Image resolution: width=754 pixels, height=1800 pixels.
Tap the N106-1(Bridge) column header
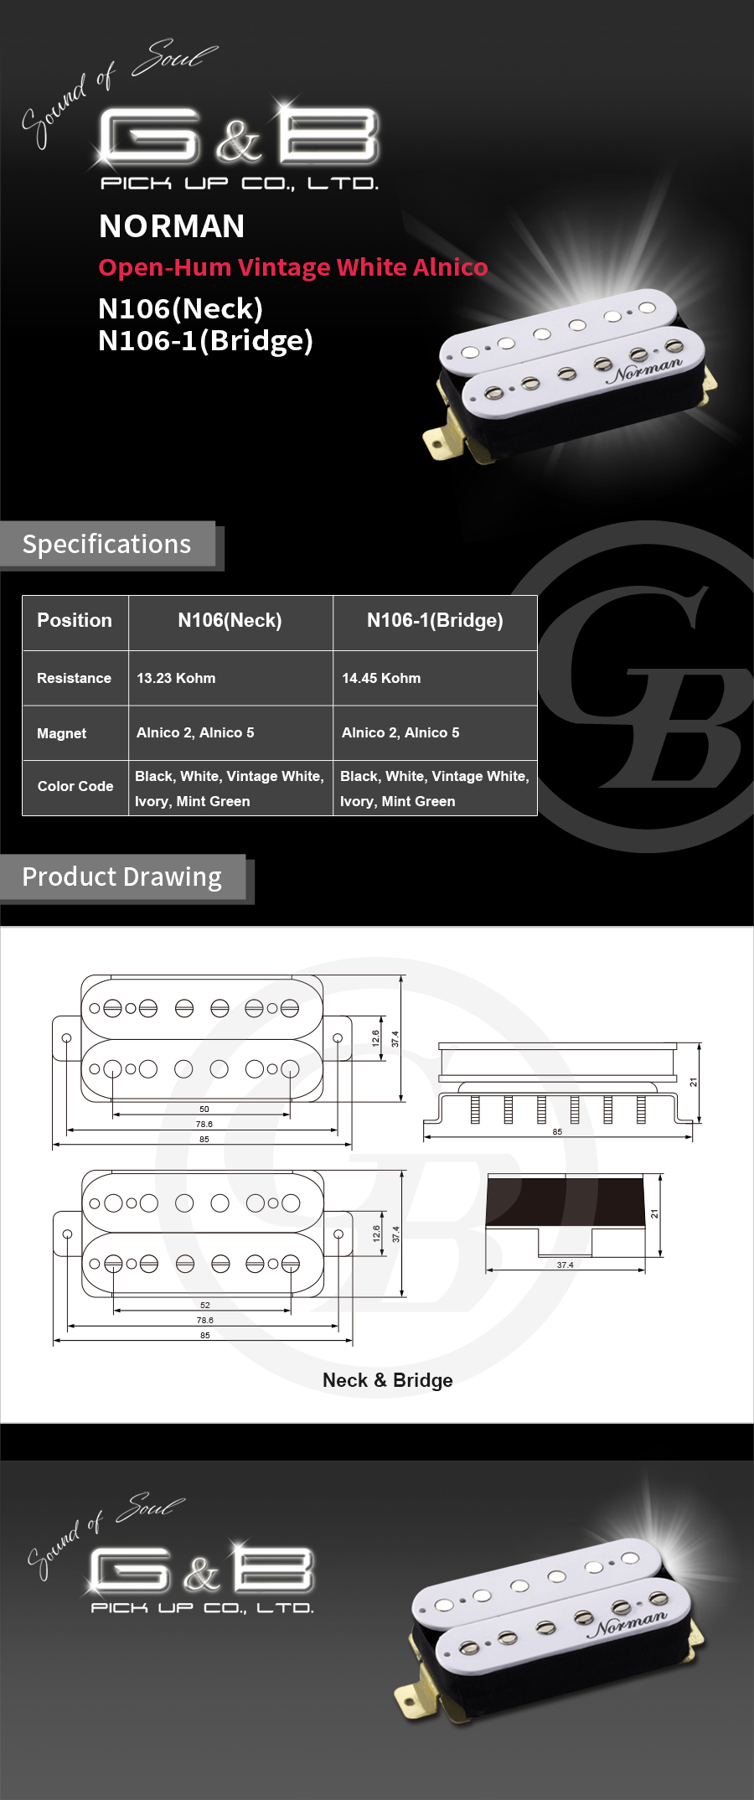[x=435, y=620]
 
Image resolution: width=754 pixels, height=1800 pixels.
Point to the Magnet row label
[x=62, y=733]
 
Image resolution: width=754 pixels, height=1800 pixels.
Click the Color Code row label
[x=75, y=786]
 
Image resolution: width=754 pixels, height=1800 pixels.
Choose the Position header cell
[x=75, y=620]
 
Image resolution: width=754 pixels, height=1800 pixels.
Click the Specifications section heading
[x=106, y=545]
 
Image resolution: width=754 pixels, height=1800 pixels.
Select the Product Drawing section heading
[x=122, y=877]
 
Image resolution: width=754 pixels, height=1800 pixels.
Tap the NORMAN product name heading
[x=172, y=226]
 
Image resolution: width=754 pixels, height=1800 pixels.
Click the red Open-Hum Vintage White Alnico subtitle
[x=293, y=267]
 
